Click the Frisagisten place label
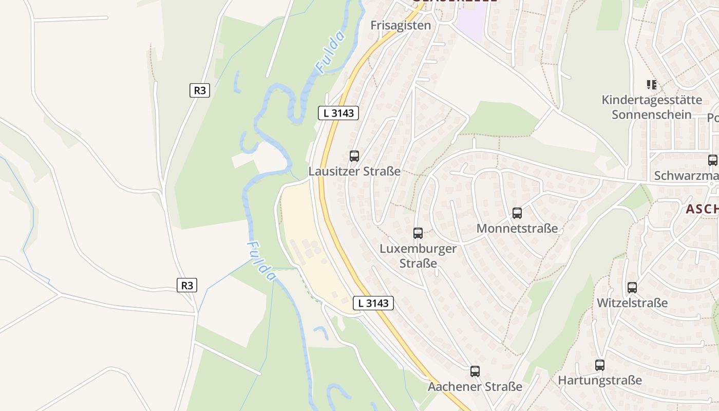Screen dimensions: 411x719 coord(401,25)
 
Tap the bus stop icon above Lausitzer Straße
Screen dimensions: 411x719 coord(354,156)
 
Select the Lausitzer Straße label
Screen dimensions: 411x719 coord(354,171)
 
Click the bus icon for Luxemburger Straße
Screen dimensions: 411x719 coord(418,233)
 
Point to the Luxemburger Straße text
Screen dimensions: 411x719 coord(418,256)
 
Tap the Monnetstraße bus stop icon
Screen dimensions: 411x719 coord(517,213)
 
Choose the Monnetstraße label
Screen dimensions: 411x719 coord(517,228)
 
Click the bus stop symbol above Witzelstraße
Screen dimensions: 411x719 coord(632,288)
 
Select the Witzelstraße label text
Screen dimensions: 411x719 coord(632,303)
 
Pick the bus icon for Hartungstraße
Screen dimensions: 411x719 coord(600,365)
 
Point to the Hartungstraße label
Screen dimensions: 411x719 coord(600,380)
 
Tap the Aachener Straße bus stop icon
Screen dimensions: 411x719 coord(475,371)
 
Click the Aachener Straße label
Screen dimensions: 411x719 coord(475,386)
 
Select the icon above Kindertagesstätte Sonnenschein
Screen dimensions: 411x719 coord(652,84)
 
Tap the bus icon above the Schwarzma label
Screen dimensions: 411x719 coord(713,160)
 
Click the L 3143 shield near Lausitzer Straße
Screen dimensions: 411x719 coord(338,113)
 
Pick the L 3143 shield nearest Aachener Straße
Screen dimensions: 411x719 coord(373,303)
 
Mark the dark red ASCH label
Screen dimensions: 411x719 coord(702,209)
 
